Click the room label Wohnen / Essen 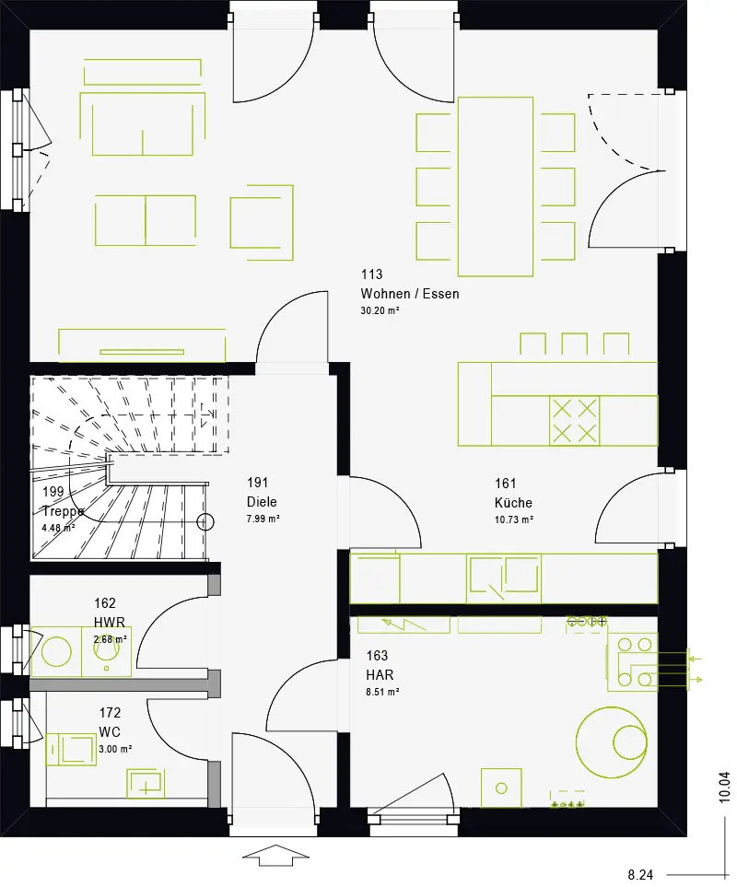click(x=410, y=294)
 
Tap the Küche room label click(x=513, y=502)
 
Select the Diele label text click(x=262, y=502)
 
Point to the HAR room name click(x=380, y=675)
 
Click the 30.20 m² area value click(x=380, y=310)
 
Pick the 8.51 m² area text click(x=383, y=692)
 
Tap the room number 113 click(x=371, y=274)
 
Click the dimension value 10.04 click(x=724, y=788)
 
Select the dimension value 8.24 click(x=640, y=875)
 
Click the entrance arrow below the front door click(x=275, y=856)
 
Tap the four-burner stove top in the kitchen click(x=574, y=421)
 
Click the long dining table click(x=496, y=187)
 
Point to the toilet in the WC click(x=71, y=750)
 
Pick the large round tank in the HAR click(x=611, y=741)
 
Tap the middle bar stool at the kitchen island click(x=574, y=344)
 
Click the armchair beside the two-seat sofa click(x=262, y=222)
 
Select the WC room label click(x=110, y=731)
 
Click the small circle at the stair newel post click(x=205, y=522)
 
